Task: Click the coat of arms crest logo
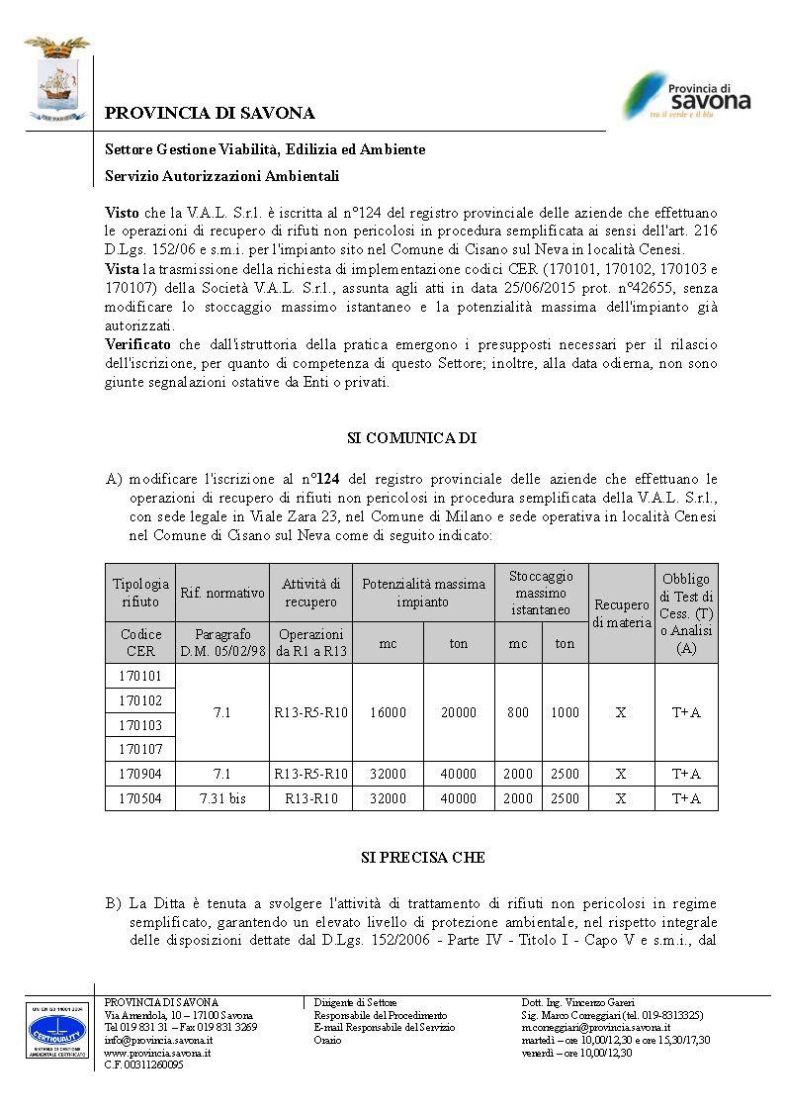(x=57, y=78)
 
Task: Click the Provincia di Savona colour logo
(x=685, y=96)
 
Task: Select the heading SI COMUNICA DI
(x=412, y=436)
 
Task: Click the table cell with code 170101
(x=140, y=676)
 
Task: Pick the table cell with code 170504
(x=140, y=798)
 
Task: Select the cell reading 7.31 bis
(x=222, y=798)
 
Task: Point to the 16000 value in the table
(x=388, y=712)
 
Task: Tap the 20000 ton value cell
(x=459, y=712)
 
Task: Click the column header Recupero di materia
(x=621, y=613)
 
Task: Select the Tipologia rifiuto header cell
(x=140, y=593)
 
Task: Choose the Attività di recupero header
(x=311, y=593)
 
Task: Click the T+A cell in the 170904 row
(x=686, y=774)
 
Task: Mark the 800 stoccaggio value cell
(x=518, y=712)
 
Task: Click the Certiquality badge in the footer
(x=56, y=1031)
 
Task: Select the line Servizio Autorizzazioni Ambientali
(x=222, y=176)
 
